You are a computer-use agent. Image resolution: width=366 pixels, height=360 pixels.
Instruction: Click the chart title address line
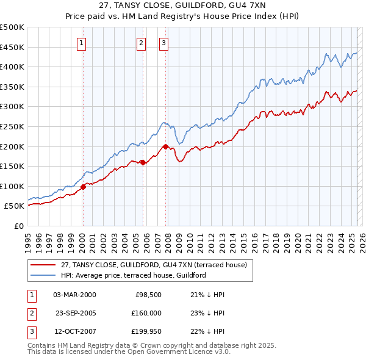point(182,7)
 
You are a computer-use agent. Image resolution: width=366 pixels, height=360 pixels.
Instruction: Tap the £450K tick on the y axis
point(12,47)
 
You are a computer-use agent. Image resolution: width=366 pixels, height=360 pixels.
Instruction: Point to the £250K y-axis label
point(12,126)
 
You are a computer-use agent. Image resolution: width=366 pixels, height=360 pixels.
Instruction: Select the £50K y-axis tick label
point(14,206)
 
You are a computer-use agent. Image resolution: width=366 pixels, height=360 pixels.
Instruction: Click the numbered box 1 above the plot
point(82,43)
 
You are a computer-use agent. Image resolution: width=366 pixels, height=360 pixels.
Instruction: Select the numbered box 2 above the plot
point(142,43)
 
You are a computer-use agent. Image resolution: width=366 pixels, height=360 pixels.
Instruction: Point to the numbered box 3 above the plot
point(164,43)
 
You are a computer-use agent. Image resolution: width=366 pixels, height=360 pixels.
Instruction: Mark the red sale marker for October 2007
point(165,146)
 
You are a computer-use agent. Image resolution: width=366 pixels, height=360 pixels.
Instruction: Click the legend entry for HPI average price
point(134,275)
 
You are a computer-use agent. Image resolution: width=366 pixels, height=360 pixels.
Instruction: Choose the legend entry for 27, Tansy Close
point(153,265)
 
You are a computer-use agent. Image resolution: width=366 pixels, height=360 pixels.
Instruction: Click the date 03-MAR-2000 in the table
point(75,295)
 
